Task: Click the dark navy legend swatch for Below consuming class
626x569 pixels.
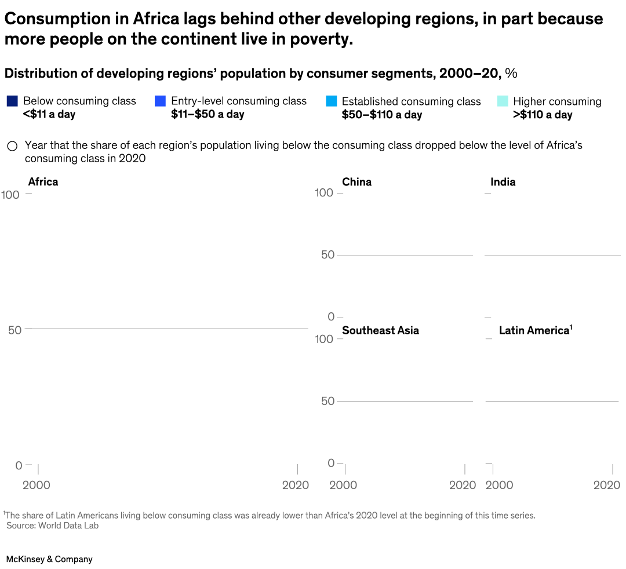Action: (x=12, y=101)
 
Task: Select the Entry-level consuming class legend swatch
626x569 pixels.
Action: (x=161, y=101)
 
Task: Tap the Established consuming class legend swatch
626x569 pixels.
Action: (x=331, y=101)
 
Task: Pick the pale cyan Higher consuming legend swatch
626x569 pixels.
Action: (x=503, y=101)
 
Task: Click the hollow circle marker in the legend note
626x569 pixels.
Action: (x=12, y=146)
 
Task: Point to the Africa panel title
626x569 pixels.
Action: (x=43, y=182)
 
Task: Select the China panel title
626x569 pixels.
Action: (x=356, y=182)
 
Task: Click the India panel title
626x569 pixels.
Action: (x=503, y=182)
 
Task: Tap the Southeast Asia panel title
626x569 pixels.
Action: (x=380, y=330)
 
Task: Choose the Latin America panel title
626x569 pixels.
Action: (x=534, y=330)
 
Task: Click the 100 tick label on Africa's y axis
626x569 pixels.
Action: (x=10, y=195)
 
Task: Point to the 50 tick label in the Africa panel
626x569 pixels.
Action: (x=15, y=330)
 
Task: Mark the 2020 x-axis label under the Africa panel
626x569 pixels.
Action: (x=296, y=485)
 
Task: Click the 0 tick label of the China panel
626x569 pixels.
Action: (x=331, y=316)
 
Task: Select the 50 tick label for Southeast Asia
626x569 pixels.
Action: (x=328, y=401)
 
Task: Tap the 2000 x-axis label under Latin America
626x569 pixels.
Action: (x=499, y=485)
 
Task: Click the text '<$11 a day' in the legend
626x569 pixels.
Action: (x=49, y=114)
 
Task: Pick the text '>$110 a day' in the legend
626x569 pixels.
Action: (x=543, y=115)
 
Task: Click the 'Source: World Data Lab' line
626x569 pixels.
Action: (x=52, y=526)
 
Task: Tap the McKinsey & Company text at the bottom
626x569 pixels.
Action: (x=49, y=559)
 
